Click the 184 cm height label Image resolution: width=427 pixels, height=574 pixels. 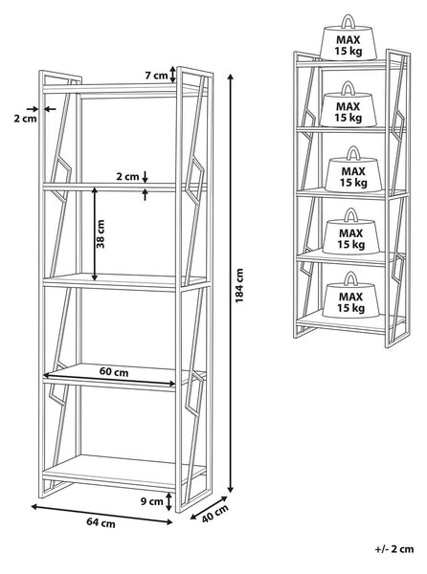[239, 285]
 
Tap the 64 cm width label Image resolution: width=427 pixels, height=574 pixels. [101, 522]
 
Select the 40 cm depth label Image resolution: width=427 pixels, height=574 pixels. [215, 514]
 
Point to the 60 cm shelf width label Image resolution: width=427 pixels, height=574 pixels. [114, 372]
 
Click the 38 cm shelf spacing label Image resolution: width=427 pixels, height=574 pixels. [100, 234]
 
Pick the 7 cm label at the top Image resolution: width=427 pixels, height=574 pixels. [156, 76]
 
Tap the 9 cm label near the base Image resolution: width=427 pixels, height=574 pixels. [151, 501]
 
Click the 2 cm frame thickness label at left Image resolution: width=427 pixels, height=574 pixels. [25, 119]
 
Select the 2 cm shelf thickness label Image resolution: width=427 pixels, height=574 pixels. [127, 176]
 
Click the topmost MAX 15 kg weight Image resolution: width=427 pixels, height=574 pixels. [348, 38]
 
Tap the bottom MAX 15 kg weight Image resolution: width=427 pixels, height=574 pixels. [350, 296]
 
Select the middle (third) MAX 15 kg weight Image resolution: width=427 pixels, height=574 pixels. [353, 169]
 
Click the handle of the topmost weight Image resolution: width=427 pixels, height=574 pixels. [348, 22]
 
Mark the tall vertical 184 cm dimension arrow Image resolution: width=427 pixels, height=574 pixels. [231, 283]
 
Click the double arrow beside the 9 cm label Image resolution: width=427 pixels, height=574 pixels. [169, 501]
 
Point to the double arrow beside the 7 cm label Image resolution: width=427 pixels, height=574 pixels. [173, 75]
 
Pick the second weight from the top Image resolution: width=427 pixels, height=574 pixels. [348, 104]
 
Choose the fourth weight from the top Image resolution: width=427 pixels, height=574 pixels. [350, 232]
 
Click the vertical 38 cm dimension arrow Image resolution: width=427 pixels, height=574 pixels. [95, 234]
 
